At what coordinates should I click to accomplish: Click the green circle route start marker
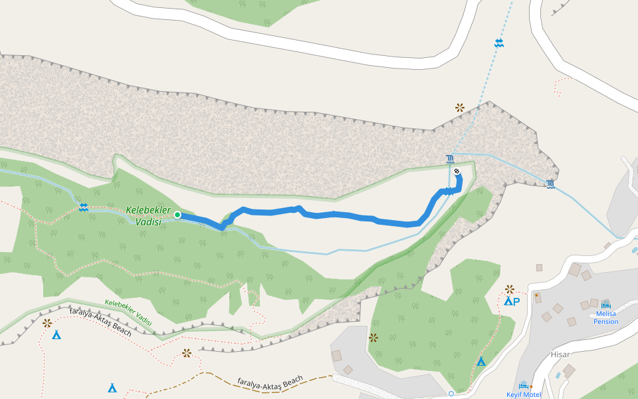[x=177, y=214]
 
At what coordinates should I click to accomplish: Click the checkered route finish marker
[x=457, y=172]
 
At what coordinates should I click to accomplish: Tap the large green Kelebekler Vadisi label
[x=144, y=216]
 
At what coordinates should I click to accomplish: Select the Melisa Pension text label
[x=605, y=318]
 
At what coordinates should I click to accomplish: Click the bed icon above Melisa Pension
[x=605, y=303]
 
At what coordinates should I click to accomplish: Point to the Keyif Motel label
[x=524, y=394]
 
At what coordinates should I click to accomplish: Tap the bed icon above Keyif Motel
[x=523, y=384]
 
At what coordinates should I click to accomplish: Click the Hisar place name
[x=560, y=354]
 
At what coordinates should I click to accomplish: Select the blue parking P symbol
[x=516, y=301]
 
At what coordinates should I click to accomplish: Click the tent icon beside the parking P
[x=507, y=301]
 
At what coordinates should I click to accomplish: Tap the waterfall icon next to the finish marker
[x=451, y=158]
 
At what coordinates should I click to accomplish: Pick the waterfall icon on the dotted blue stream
[x=498, y=43]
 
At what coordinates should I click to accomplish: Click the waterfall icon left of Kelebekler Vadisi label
[x=83, y=207]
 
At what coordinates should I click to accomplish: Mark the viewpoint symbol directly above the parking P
[x=510, y=289]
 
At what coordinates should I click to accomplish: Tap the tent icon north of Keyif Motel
[x=480, y=361]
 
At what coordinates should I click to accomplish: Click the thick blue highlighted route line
[x=346, y=215]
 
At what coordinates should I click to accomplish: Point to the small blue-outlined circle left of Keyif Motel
[x=451, y=394]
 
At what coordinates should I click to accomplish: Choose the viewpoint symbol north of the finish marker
[x=459, y=107]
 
